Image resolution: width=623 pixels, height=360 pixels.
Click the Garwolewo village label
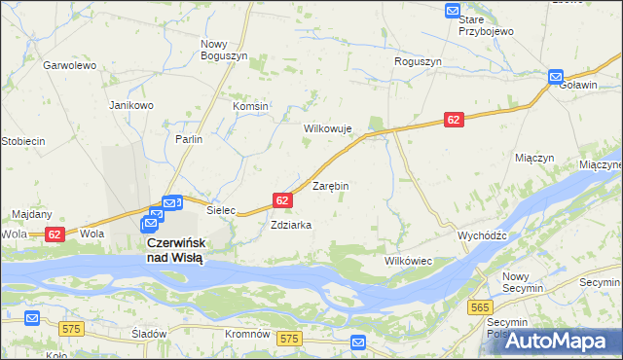pos(68,65)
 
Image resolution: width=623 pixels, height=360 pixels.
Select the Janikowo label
pos(131,105)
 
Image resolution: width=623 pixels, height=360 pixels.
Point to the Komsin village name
pos(250,106)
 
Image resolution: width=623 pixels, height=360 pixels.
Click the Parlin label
pos(189,139)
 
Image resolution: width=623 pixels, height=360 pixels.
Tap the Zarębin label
pos(330,185)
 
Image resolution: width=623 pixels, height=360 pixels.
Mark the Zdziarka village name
pos(291,225)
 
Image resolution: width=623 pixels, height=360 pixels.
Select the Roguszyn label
pos(419,61)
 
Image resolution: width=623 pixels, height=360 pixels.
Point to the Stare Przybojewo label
pos(486,25)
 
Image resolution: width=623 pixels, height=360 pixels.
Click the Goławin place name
pos(578,85)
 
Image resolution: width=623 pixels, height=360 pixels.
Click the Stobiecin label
pos(23,141)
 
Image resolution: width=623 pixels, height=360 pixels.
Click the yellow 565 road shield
pos(480,307)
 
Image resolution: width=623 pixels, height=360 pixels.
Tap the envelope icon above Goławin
pos(556,76)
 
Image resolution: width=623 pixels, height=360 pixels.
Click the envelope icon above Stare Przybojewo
pos(453,11)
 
